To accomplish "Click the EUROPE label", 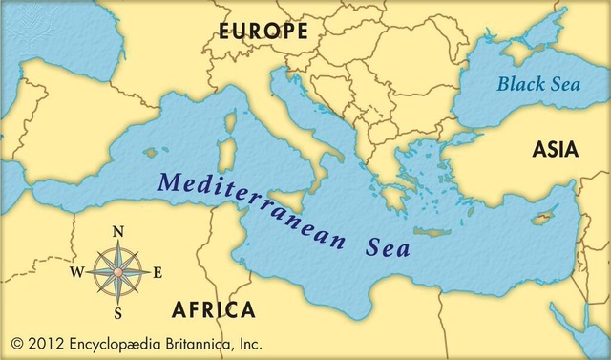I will (263, 32).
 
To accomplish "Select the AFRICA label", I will (213, 309).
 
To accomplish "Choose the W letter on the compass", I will (76, 272).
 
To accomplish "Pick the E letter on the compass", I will (158, 272).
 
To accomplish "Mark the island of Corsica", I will (228, 122).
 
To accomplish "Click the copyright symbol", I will (16, 342).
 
